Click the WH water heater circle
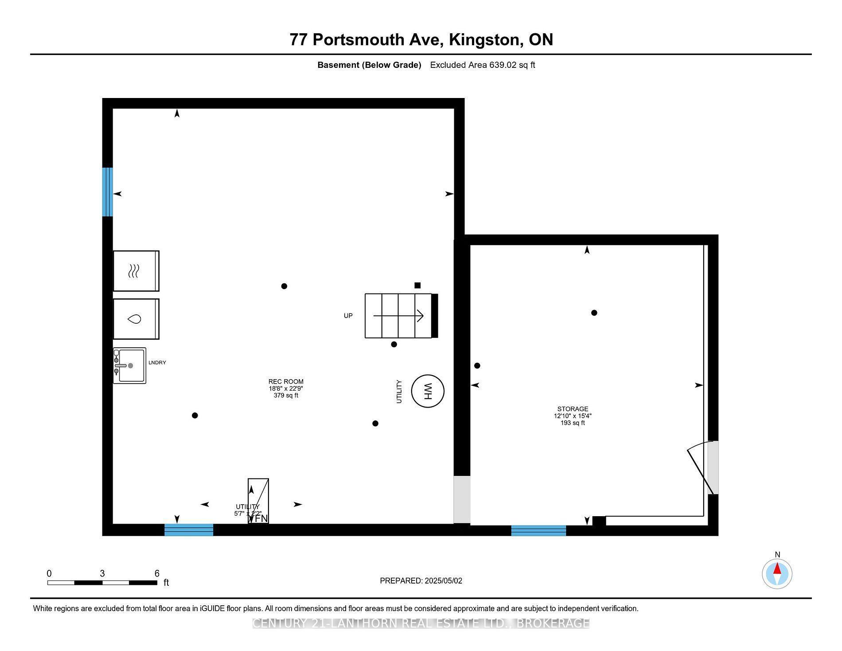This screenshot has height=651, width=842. point(428,391)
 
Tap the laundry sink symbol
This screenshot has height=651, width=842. point(129,365)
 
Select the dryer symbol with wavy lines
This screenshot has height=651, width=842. point(136,271)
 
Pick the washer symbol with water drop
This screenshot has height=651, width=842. point(136,319)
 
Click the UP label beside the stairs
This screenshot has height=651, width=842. point(348,316)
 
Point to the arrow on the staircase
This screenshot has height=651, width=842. point(398,316)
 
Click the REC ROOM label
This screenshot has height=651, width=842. point(286,381)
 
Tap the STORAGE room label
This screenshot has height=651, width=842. point(573,409)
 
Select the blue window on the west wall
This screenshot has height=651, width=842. point(107,192)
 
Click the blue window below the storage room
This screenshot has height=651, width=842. point(538,530)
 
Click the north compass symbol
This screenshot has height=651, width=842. point(777,574)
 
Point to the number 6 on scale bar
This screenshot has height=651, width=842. point(157,573)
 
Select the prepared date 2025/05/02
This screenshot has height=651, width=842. point(443,581)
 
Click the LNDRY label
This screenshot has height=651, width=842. point(157,363)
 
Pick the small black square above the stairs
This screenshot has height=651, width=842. point(417,286)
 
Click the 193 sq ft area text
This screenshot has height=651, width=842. point(573,423)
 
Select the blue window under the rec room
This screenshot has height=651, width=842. point(189,530)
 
